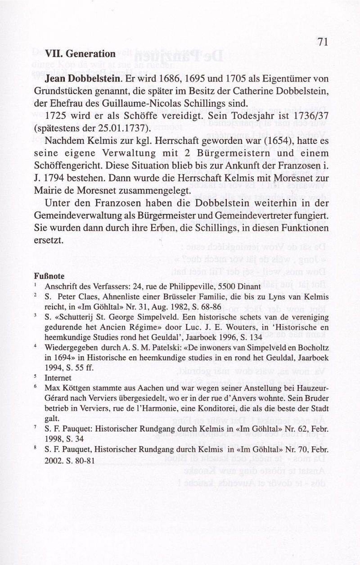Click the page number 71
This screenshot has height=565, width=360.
321,42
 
